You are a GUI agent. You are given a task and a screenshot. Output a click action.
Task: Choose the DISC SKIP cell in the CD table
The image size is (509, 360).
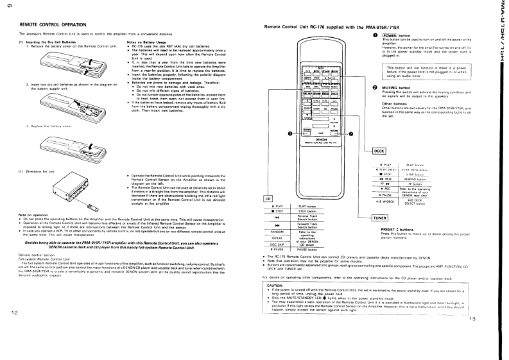point(279,244)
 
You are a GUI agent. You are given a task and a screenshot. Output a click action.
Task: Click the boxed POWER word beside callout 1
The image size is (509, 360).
point(391,35)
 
